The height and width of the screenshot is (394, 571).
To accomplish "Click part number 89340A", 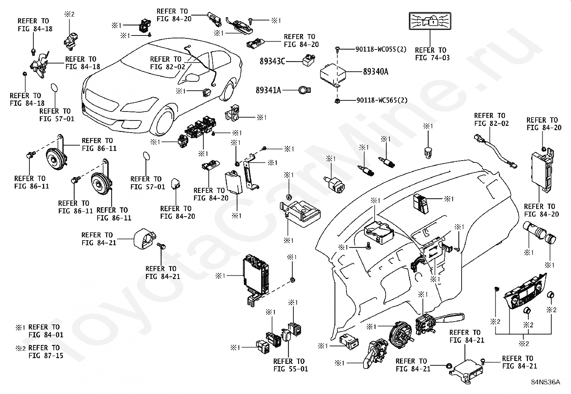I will pyautogui.click(x=376, y=72).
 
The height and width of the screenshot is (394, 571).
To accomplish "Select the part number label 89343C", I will pyautogui.click(x=272, y=61).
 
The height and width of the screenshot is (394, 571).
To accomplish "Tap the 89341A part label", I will pyautogui.click(x=268, y=90).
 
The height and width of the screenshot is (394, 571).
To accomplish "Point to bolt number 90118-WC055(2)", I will pyautogui.click(x=381, y=49).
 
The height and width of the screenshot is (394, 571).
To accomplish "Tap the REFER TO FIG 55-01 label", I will pyautogui.click(x=291, y=365).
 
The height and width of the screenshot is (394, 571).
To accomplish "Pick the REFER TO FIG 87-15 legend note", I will pyautogui.click(x=46, y=351).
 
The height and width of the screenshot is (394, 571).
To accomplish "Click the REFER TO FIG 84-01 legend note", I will pyautogui.click(x=46, y=331).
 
